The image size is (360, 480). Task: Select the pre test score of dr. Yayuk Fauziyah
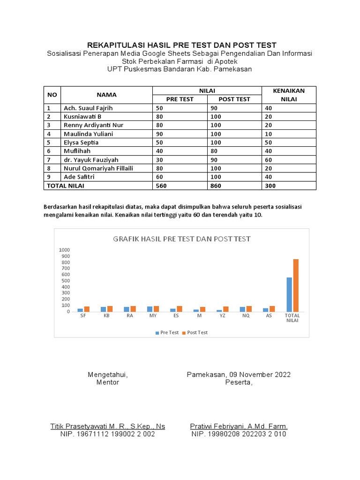159,159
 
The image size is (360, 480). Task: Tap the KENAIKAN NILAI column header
289,95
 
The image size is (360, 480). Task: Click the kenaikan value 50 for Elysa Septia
269,142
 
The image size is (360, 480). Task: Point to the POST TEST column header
234,99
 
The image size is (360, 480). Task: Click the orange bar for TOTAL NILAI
296,285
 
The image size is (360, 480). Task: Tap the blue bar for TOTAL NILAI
289,294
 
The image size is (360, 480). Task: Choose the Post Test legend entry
197,332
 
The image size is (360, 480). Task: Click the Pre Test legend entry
169,332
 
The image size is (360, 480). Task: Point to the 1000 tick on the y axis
64,250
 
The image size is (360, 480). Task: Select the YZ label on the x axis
222,316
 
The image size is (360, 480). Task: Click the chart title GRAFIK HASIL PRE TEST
182,239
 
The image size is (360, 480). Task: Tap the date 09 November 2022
259,375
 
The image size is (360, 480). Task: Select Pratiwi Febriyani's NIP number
239,434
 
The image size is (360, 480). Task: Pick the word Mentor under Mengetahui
107,382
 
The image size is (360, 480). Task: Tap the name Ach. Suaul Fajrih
88,108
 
